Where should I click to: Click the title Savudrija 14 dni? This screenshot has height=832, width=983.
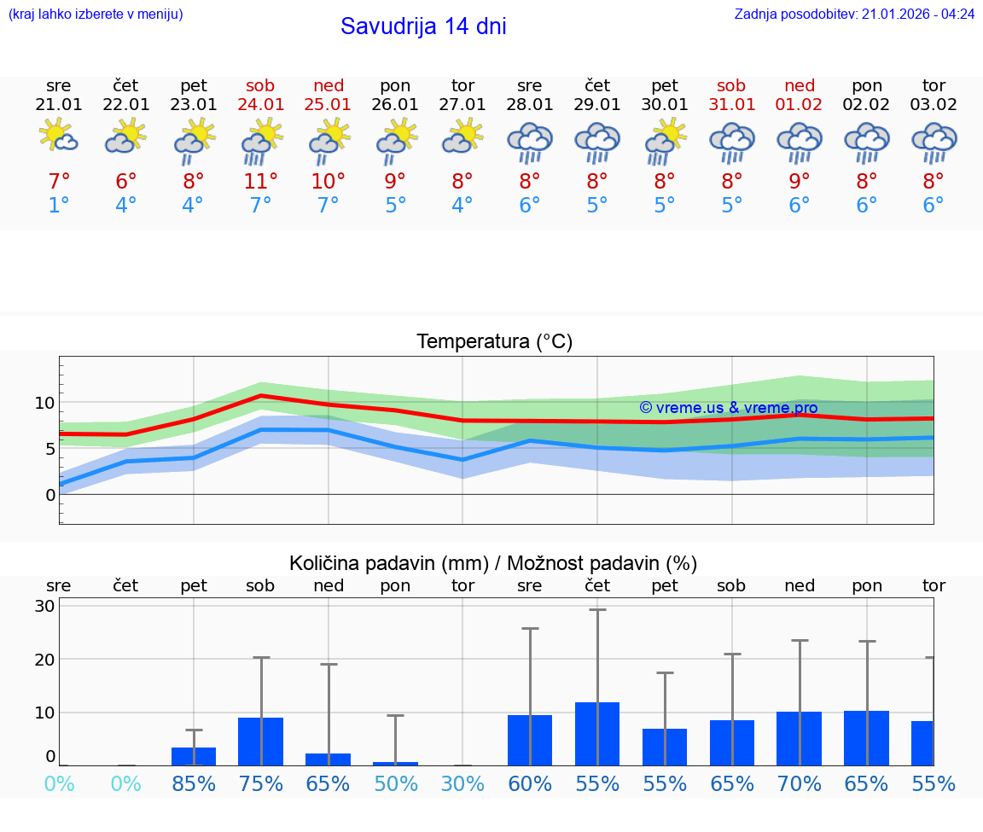423,26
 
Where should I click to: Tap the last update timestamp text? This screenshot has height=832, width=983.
854,15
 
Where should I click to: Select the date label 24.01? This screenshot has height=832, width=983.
261,105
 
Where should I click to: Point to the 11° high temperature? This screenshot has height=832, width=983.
261,181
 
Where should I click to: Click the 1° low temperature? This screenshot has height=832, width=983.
59,206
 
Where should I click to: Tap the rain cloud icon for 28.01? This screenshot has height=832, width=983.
530,142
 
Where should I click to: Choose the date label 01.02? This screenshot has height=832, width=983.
800,105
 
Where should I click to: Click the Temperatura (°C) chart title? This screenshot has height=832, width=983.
494,342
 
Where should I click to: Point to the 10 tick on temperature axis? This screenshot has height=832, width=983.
44,403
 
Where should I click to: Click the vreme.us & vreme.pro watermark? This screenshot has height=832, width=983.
728,408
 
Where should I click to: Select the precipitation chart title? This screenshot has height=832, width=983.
493,563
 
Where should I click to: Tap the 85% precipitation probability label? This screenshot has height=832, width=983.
194,783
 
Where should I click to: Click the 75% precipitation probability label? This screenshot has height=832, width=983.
261,783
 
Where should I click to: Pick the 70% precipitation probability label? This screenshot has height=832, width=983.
800,783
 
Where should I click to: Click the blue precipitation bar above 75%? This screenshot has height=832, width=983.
260,742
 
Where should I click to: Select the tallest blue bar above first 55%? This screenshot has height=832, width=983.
597,734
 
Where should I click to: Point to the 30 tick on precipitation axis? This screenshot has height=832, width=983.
45,606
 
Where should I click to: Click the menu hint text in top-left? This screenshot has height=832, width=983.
96,15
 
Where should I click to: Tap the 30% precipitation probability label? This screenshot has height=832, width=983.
462,783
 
